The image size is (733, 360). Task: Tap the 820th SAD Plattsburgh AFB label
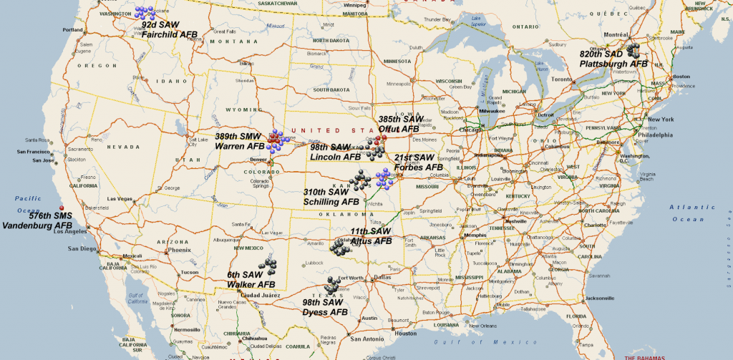tap(614, 59)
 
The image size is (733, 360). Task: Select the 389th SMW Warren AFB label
tap(241, 140)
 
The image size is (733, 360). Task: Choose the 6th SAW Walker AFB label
tap(246, 279)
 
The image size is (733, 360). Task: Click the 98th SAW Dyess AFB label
tap(325, 307)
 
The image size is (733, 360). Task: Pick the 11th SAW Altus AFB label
tap(371, 236)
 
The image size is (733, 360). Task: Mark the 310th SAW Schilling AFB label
tap(331, 197)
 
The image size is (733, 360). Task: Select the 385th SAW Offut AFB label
tap(399, 124)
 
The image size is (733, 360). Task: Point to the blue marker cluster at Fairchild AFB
tap(145, 12)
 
